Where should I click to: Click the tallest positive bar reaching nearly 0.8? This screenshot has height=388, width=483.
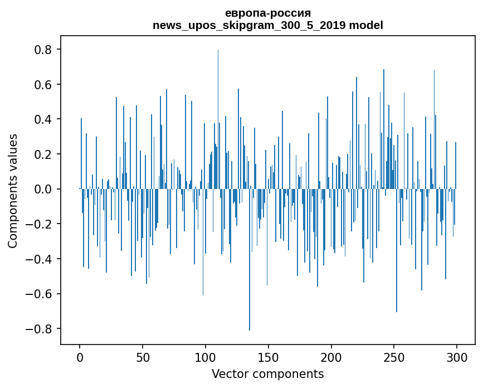(218, 119)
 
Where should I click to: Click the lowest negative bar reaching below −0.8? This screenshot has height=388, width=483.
(250, 259)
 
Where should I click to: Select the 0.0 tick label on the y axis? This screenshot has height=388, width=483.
(42, 189)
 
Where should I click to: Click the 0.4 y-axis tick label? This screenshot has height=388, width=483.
(42, 119)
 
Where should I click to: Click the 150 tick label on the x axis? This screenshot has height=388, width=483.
(269, 358)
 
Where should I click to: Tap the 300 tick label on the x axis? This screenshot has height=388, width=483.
(457, 358)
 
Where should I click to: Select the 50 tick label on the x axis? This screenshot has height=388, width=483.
(143, 358)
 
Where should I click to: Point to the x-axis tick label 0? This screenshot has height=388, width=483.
(80, 358)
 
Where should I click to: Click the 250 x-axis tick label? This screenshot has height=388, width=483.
(394, 358)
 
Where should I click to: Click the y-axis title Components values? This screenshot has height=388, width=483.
(13, 191)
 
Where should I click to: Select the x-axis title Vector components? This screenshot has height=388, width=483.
(267, 374)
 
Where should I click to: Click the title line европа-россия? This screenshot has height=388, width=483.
(268, 13)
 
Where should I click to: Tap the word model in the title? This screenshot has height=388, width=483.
(366, 25)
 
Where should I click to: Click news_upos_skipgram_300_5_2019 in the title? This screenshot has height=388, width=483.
(249, 25)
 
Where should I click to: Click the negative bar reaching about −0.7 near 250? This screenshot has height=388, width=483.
(397, 250)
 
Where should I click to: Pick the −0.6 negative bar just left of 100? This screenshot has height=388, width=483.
(203, 242)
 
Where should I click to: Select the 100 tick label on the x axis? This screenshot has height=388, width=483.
(206, 358)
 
